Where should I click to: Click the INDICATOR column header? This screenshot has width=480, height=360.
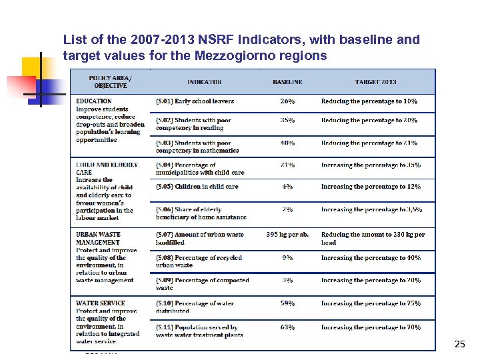click(x=204, y=82)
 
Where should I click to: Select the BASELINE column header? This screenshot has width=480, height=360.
click(x=287, y=82)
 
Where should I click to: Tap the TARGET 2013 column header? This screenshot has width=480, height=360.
click(x=375, y=82)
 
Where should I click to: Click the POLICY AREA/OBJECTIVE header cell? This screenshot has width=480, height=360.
click(x=110, y=81)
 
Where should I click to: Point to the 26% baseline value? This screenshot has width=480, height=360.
click(x=287, y=101)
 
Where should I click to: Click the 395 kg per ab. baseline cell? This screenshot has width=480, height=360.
click(x=287, y=235)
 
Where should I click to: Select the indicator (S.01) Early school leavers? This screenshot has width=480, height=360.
click(x=195, y=101)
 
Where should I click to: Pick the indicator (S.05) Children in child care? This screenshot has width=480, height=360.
click(x=197, y=187)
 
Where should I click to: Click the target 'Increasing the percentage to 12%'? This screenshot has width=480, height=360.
click(x=371, y=187)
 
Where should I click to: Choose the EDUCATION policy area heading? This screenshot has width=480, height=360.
click(x=94, y=101)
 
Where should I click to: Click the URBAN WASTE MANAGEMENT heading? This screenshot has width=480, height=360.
click(x=99, y=238)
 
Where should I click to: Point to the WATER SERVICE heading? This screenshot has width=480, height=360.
click(x=100, y=303)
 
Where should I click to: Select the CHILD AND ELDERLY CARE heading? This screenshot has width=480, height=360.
click(x=107, y=168)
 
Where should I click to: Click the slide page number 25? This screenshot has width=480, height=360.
click(x=459, y=344)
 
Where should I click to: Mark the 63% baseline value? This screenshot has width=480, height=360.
click(x=287, y=327)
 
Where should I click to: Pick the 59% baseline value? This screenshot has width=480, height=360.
click(x=287, y=303)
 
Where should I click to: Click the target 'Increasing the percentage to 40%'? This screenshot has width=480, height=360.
click(x=371, y=258)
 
